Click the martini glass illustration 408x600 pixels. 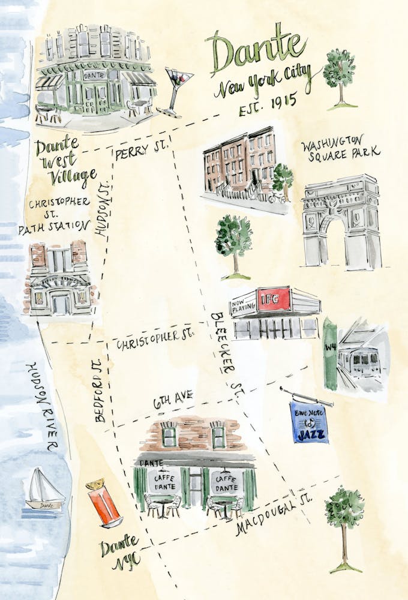pyautogui.click(x=177, y=87)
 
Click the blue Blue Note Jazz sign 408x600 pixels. pyautogui.click(x=308, y=422)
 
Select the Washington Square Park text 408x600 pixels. pyautogui.click(x=341, y=148)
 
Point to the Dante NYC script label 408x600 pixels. pyautogui.click(x=121, y=553)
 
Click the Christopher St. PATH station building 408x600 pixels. pyautogui.click(x=59, y=278)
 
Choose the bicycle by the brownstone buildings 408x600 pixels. pyautogui.click(x=277, y=197)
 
